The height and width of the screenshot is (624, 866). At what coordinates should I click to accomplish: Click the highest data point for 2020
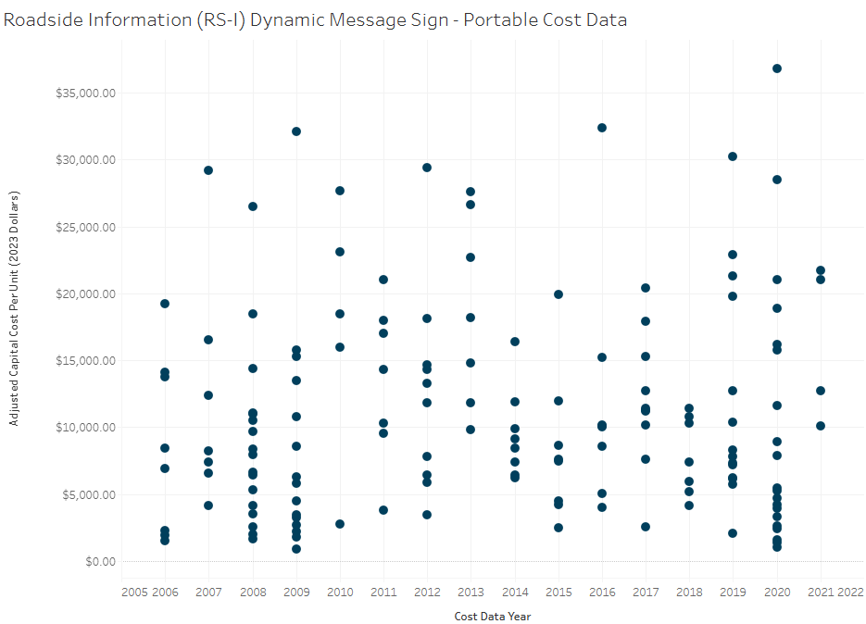click(x=777, y=69)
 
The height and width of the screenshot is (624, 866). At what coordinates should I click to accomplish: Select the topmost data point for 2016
click(x=602, y=128)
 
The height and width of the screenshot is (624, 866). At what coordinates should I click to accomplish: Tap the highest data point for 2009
click(x=296, y=131)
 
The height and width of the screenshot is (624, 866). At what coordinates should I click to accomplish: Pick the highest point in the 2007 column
click(x=208, y=170)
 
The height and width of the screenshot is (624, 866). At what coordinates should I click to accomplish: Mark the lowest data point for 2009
click(x=296, y=549)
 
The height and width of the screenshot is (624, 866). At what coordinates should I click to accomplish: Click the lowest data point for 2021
click(x=821, y=426)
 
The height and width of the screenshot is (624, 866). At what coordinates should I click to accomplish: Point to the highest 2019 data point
click(x=733, y=156)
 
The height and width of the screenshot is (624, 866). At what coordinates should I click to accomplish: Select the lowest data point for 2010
click(x=340, y=524)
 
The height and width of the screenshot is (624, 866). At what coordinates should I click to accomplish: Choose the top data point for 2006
click(x=165, y=304)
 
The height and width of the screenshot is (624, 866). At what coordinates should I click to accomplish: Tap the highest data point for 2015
click(x=559, y=294)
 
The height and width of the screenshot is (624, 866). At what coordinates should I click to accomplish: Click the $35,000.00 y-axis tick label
click(x=84, y=94)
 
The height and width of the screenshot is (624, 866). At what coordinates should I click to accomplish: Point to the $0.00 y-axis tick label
click(x=97, y=561)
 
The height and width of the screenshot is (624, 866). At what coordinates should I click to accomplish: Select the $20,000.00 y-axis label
click(x=84, y=293)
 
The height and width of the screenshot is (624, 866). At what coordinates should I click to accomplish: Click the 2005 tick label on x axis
click(x=135, y=592)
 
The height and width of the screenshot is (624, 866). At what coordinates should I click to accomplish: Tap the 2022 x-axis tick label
click(x=850, y=592)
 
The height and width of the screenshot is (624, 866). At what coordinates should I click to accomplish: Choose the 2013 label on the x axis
click(x=471, y=592)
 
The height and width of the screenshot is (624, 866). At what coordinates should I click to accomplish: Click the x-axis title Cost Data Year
click(x=493, y=616)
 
